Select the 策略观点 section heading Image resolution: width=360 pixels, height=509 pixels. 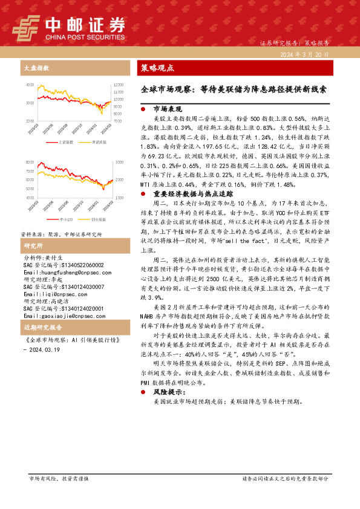(x=157, y=68)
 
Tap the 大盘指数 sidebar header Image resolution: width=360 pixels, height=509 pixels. (x=36, y=68)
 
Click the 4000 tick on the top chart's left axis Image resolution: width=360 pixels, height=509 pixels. (x=29, y=85)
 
